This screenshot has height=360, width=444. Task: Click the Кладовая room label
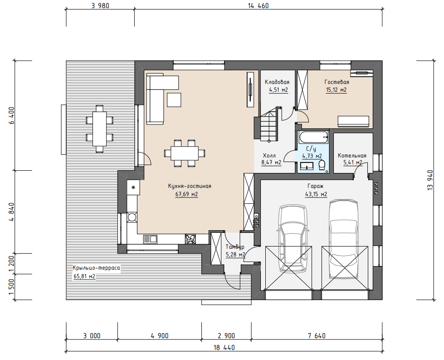tap(277, 82)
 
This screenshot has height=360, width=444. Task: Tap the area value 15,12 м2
tap(337, 90)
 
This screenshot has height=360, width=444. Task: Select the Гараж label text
tap(316, 186)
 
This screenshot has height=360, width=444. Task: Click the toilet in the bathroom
tap(322, 165)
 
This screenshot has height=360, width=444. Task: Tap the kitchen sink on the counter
tap(150, 239)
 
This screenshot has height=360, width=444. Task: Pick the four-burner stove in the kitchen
tap(190, 239)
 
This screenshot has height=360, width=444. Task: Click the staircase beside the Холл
tap(269, 123)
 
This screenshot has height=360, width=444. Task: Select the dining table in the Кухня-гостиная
tap(185, 153)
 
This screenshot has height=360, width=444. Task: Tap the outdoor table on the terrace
tap(99, 128)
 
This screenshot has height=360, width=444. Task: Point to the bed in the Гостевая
tap(353, 121)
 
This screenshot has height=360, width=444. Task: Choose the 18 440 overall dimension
tap(224, 348)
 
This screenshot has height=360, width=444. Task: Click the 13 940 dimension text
tap(430, 180)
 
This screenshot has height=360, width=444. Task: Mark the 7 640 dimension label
tap(317, 336)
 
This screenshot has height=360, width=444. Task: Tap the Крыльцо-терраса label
tap(96, 268)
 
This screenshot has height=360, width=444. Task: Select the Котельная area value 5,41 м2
tap(353, 163)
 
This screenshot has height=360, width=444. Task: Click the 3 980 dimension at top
tap(100, 5)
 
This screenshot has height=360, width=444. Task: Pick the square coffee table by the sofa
tap(174, 100)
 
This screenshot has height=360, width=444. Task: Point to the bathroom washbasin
tap(306, 166)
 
